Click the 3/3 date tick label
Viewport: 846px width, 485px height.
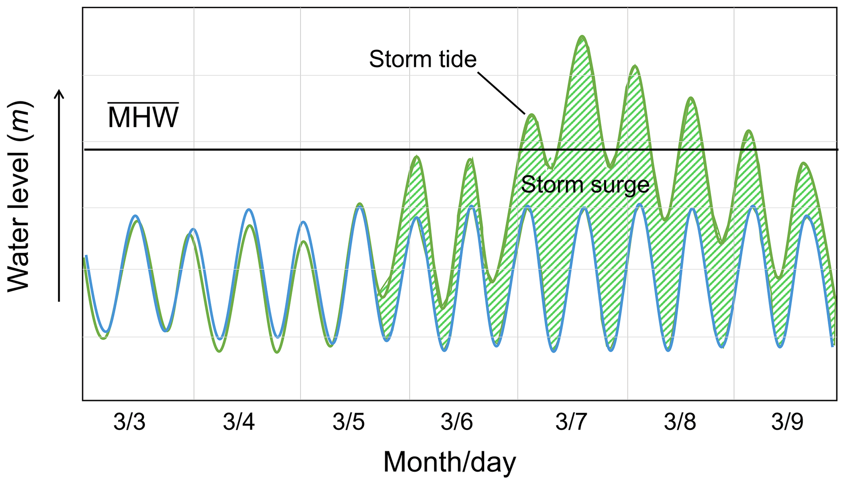[129, 422]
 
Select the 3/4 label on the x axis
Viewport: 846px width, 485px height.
[239, 422]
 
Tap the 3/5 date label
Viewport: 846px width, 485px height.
[348, 422]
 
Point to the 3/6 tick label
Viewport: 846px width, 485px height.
[457, 422]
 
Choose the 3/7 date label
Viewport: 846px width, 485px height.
[571, 422]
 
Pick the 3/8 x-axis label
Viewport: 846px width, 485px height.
[680, 422]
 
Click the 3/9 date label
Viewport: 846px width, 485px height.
[787, 422]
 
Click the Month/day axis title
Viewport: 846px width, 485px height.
[449, 463]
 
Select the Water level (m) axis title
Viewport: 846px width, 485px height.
[19, 196]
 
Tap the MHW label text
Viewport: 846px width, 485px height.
[143, 118]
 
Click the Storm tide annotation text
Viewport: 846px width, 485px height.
[423, 59]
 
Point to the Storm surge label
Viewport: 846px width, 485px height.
[585, 184]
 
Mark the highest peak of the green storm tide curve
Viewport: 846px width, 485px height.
[582, 37]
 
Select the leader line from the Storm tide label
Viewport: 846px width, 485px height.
[501, 93]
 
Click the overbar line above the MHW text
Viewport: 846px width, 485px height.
[143, 103]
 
